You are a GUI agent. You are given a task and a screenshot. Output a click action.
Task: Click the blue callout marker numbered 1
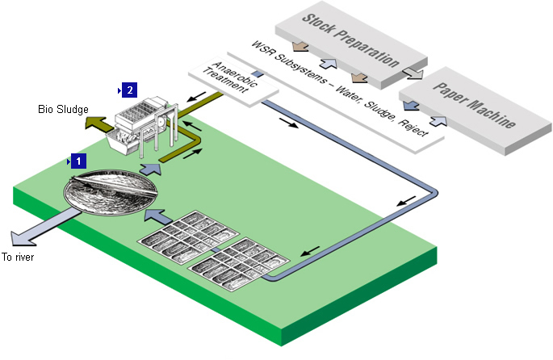(x=78, y=161)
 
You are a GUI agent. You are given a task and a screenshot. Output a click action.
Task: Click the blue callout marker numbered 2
(x=130, y=89)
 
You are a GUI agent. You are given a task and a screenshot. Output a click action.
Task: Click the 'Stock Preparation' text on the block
(x=350, y=40)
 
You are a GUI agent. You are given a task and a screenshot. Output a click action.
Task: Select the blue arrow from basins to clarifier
(x=157, y=216)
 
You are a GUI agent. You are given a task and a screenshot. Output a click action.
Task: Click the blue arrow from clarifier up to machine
(x=149, y=168)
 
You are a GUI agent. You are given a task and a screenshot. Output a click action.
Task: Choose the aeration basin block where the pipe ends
(x=238, y=263)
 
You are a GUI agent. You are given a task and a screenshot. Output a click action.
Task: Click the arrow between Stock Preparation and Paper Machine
(x=413, y=73)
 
